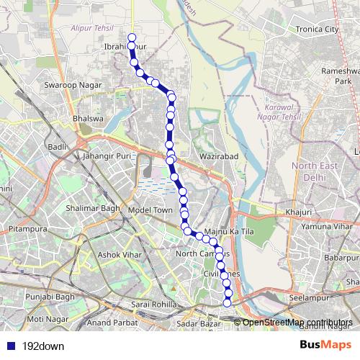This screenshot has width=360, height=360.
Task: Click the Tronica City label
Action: click(x=311, y=30)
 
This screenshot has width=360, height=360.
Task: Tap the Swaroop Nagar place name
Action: click(x=70, y=85)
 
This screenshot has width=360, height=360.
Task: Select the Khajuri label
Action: click(x=297, y=212)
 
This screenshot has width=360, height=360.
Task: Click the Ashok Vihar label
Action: click(x=120, y=255)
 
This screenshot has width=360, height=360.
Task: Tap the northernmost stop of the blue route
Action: click(x=131, y=37)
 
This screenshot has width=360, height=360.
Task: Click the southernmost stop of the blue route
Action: click(x=228, y=302)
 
